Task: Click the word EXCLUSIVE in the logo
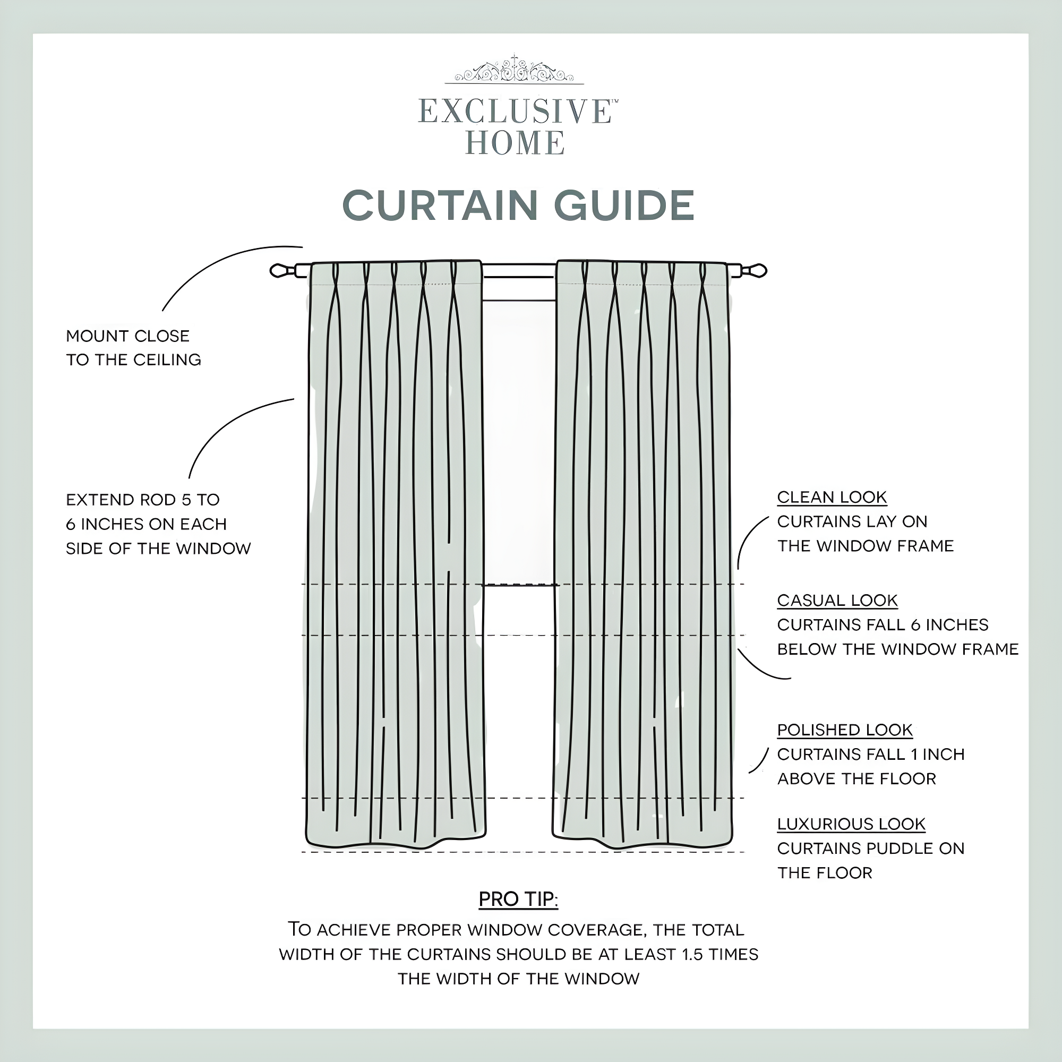514,111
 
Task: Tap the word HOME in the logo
515,143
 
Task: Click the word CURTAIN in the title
440,205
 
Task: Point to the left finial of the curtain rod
279,270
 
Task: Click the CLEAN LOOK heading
832,498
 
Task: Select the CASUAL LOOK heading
837,601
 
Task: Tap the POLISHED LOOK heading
844,730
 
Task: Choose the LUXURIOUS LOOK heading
851,824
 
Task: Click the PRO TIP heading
518,900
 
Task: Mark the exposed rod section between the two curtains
519,270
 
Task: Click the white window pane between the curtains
518,440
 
